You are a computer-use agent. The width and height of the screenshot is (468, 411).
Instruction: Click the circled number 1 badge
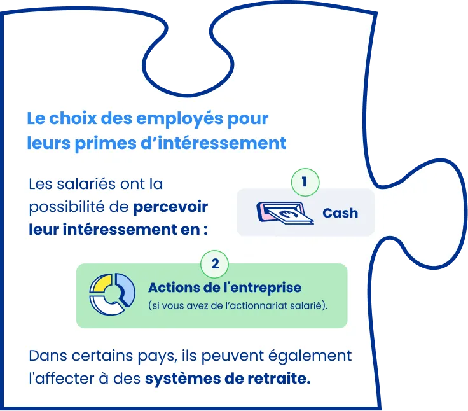click(305, 182)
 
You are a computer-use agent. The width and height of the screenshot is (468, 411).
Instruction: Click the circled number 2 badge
click(215, 263)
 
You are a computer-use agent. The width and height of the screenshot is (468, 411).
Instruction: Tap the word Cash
click(340, 213)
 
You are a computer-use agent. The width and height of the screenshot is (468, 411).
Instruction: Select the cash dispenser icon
click(285, 213)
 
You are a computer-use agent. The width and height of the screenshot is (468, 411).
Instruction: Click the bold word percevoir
click(171, 207)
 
